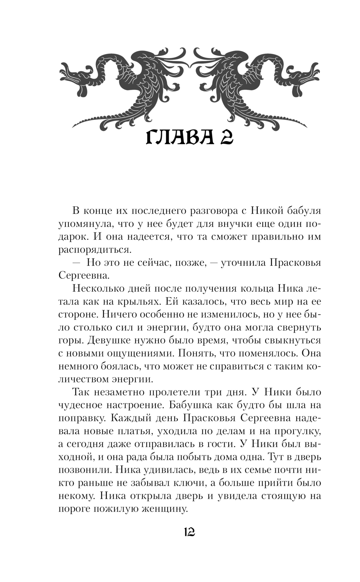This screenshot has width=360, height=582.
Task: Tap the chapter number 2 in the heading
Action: (224, 138)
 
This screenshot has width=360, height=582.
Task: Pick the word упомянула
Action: (82, 224)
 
